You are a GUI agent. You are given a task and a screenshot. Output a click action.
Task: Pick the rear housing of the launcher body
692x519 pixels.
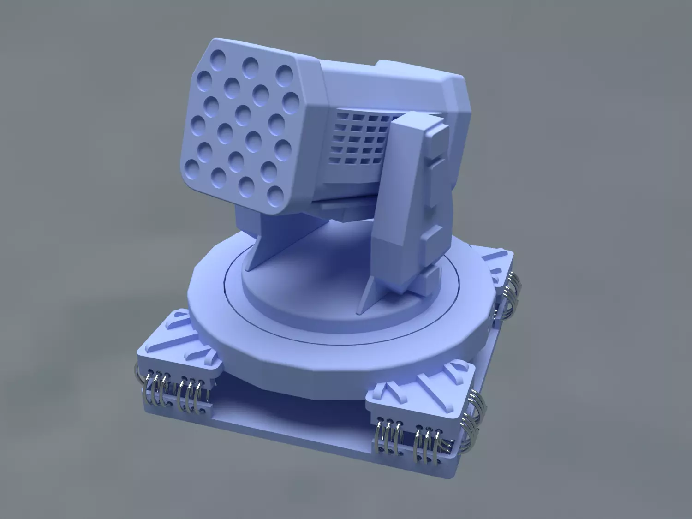[x=415, y=88]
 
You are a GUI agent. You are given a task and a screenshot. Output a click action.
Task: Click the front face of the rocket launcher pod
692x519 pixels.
[x=245, y=125]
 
